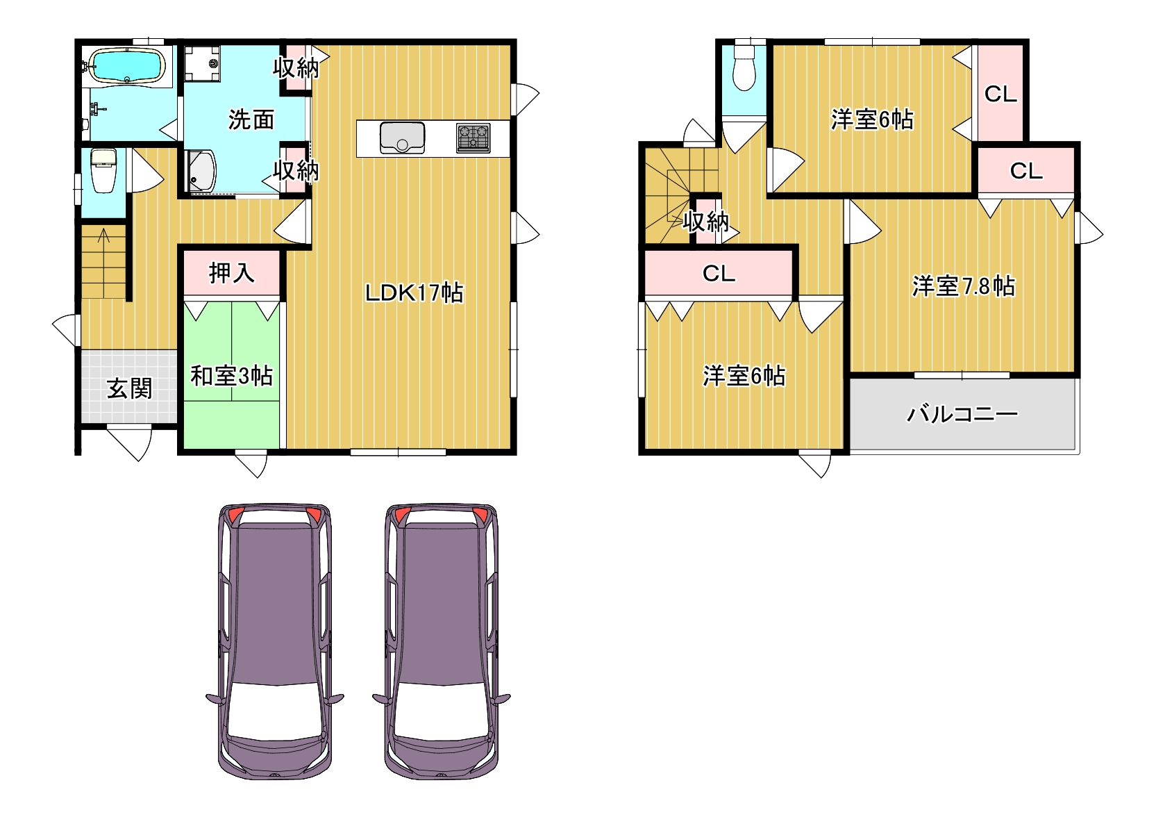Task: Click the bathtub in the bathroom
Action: (128, 65)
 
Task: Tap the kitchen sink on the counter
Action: (402, 138)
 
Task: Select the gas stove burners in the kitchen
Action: (474, 138)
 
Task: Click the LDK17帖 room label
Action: (414, 292)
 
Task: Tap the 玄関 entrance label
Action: (130, 388)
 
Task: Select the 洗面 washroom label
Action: (251, 119)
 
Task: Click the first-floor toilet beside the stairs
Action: (103, 170)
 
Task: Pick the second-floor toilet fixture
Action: (744, 67)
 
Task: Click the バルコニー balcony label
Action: (962, 414)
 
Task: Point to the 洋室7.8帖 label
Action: (964, 286)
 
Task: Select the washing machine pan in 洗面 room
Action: (202, 63)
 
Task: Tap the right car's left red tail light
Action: (403, 514)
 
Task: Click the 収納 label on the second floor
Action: (706, 222)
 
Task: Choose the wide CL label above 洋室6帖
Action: (719, 273)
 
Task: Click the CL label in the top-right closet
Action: (1000, 94)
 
